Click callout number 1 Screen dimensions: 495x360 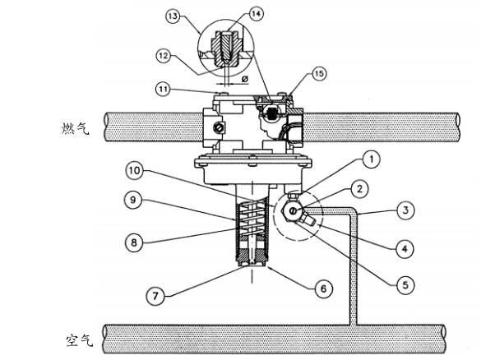click(x=372, y=159)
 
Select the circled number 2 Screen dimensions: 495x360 click(x=359, y=189)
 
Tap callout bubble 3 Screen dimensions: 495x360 click(x=405, y=210)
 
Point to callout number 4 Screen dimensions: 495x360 click(x=405, y=249)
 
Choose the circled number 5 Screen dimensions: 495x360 click(x=405, y=285)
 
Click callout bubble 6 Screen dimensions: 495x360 click(x=324, y=288)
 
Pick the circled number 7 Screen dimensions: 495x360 click(x=155, y=296)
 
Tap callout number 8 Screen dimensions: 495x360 click(x=134, y=242)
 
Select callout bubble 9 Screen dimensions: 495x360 click(x=133, y=200)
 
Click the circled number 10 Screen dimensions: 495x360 click(x=135, y=171)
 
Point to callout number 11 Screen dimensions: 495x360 click(x=163, y=90)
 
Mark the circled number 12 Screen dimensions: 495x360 click(x=163, y=56)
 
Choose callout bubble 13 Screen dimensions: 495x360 click(x=173, y=16)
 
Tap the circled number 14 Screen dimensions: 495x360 click(x=257, y=14)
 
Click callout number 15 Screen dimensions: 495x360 click(x=319, y=73)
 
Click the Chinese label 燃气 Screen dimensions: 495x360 click(x=75, y=129)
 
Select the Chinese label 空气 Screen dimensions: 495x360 click(x=80, y=340)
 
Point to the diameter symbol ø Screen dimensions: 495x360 click(x=245, y=79)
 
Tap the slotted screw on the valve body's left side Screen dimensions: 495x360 click(x=219, y=127)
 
